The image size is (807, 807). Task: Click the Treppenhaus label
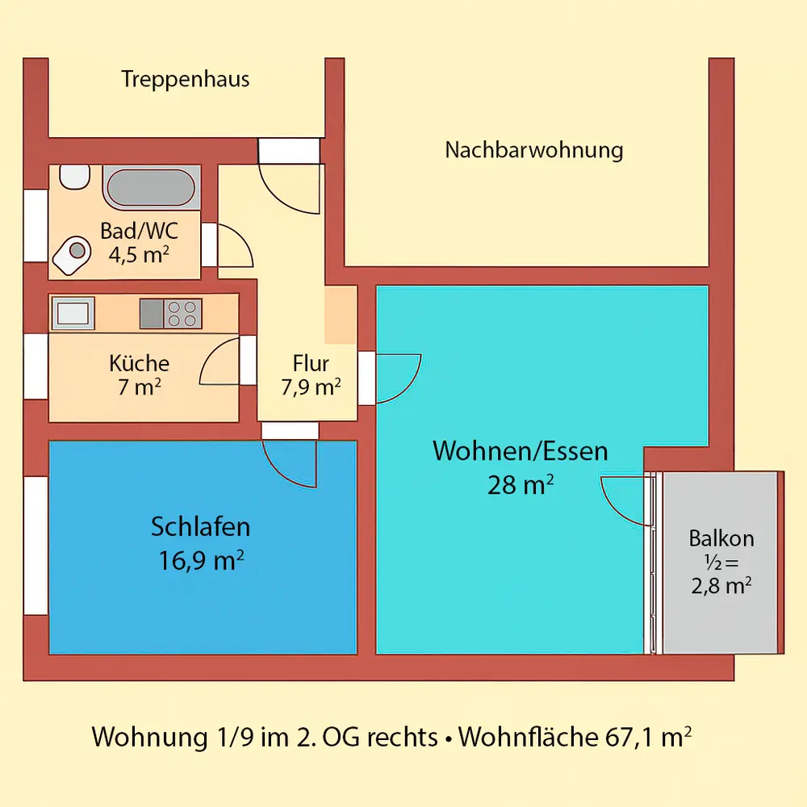pos(185,79)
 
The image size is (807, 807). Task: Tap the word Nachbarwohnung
pos(534,149)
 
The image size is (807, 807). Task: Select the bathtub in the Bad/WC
pos(150,187)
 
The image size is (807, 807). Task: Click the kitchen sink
pos(73,312)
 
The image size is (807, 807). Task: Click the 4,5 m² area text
pos(139,255)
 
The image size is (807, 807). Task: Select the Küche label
pos(139,363)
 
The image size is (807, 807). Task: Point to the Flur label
pos(311,363)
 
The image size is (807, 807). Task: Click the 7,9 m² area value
pos(311,388)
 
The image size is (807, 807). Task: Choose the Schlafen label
pos(201,527)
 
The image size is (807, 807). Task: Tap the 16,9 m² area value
pos(202,560)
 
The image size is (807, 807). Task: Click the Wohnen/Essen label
pos(521,450)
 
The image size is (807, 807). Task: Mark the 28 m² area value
pos(521,485)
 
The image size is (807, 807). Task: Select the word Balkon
pos(721,538)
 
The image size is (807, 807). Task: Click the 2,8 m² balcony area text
pos(721,585)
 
